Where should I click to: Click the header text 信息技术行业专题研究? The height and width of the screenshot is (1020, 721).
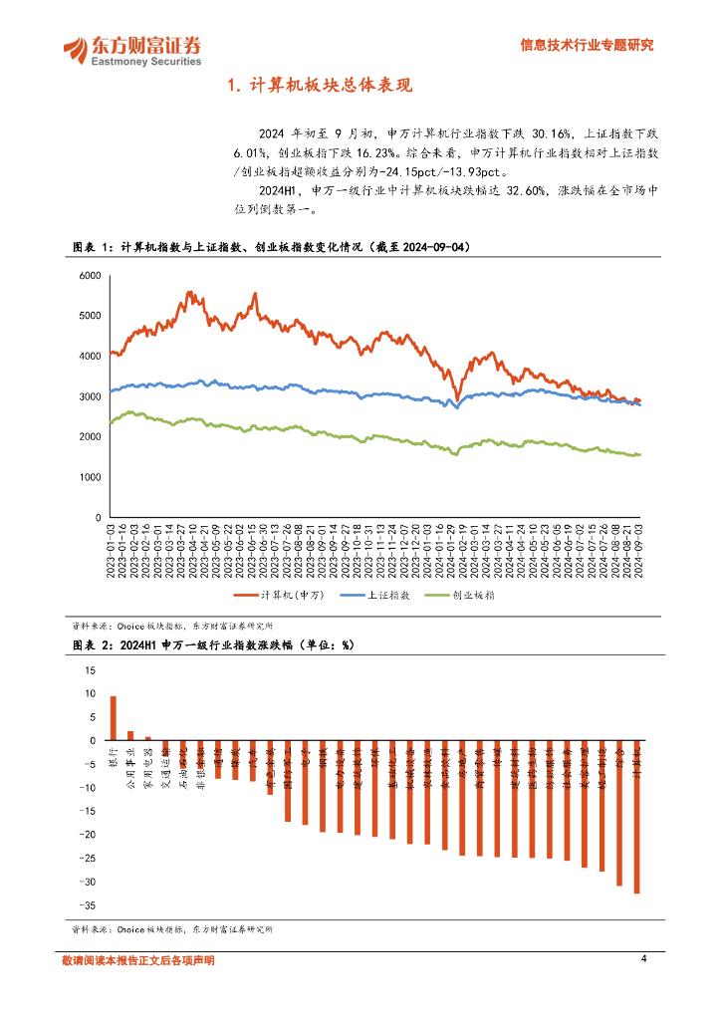[588, 45]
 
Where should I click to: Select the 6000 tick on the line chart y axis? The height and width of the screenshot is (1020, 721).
[90, 275]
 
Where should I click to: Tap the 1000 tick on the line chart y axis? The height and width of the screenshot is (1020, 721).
[90, 478]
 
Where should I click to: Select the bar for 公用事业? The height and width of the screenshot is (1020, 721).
[130, 736]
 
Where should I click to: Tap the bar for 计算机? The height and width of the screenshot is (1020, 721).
[636, 817]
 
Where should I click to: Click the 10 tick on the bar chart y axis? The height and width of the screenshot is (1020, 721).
[91, 693]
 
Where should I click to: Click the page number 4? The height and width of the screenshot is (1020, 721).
[644, 958]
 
